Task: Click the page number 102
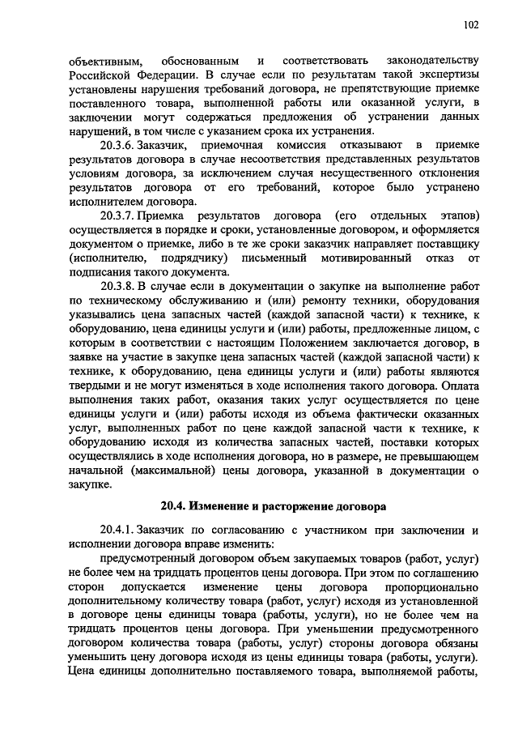471,25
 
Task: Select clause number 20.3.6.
118,144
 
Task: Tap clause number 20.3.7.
118,216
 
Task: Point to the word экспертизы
448,75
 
